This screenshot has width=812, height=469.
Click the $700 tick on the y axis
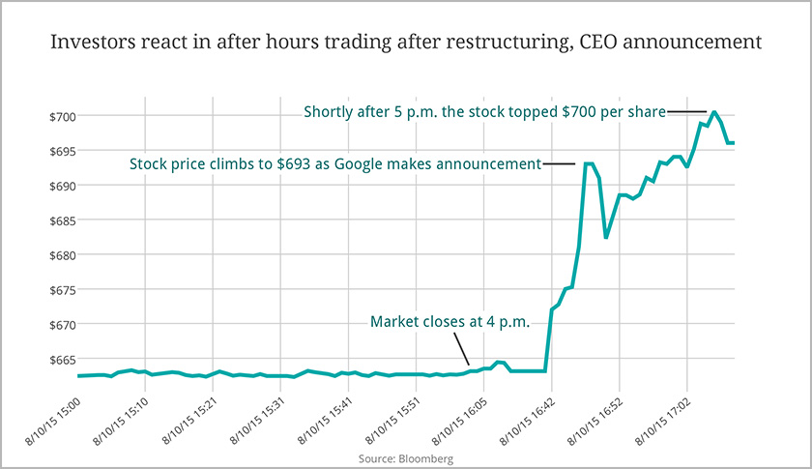coord(63,116)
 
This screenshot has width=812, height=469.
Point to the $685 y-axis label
coord(63,220)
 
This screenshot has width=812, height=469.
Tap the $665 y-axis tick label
coord(63,360)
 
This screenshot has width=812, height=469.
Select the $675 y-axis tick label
coord(63,290)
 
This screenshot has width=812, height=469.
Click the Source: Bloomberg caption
coord(405,457)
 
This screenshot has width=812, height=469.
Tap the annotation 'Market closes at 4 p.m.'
coord(450,322)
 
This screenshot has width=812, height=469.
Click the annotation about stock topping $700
coord(484,111)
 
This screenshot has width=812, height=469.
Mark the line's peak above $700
coord(713,112)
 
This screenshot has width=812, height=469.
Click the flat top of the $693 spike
coord(588,164)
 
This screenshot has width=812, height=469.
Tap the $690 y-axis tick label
coord(63,186)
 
